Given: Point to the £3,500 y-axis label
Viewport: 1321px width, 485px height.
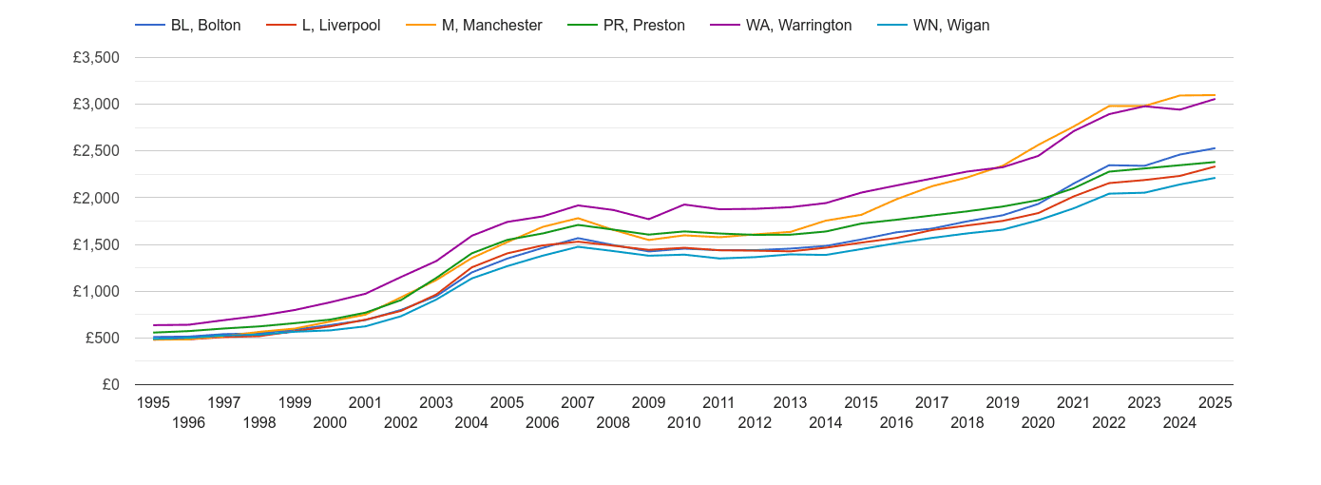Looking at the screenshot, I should [x=96, y=58].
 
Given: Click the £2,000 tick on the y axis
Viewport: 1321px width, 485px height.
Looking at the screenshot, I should [x=96, y=198].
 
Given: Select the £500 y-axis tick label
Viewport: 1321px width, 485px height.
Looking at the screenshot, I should [x=101, y=339].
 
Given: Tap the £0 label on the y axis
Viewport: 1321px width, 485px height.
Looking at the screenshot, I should [x=109, y=385].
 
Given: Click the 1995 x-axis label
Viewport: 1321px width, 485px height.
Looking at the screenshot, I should [x=153, y=402].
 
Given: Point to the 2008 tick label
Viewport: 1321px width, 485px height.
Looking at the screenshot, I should [x=613, y=422].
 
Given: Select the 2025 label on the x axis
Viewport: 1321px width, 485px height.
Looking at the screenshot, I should [x=1215, y=402].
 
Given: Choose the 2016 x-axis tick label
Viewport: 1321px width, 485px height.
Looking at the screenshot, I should [x=896, y=422].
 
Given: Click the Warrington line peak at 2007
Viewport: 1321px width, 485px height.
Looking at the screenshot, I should [x=578, y=205].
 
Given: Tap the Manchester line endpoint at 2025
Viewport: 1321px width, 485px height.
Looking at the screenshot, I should [x=1215, y=95].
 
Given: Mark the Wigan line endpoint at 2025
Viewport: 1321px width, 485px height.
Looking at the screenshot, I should [x=1215, y=178].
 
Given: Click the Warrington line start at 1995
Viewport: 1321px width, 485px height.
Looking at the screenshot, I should [x=153, y=325].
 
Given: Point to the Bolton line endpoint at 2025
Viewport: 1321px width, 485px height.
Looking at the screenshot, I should [x=1215, y=148].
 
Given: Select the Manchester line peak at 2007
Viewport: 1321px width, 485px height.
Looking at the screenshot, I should [x=578, y=218].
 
